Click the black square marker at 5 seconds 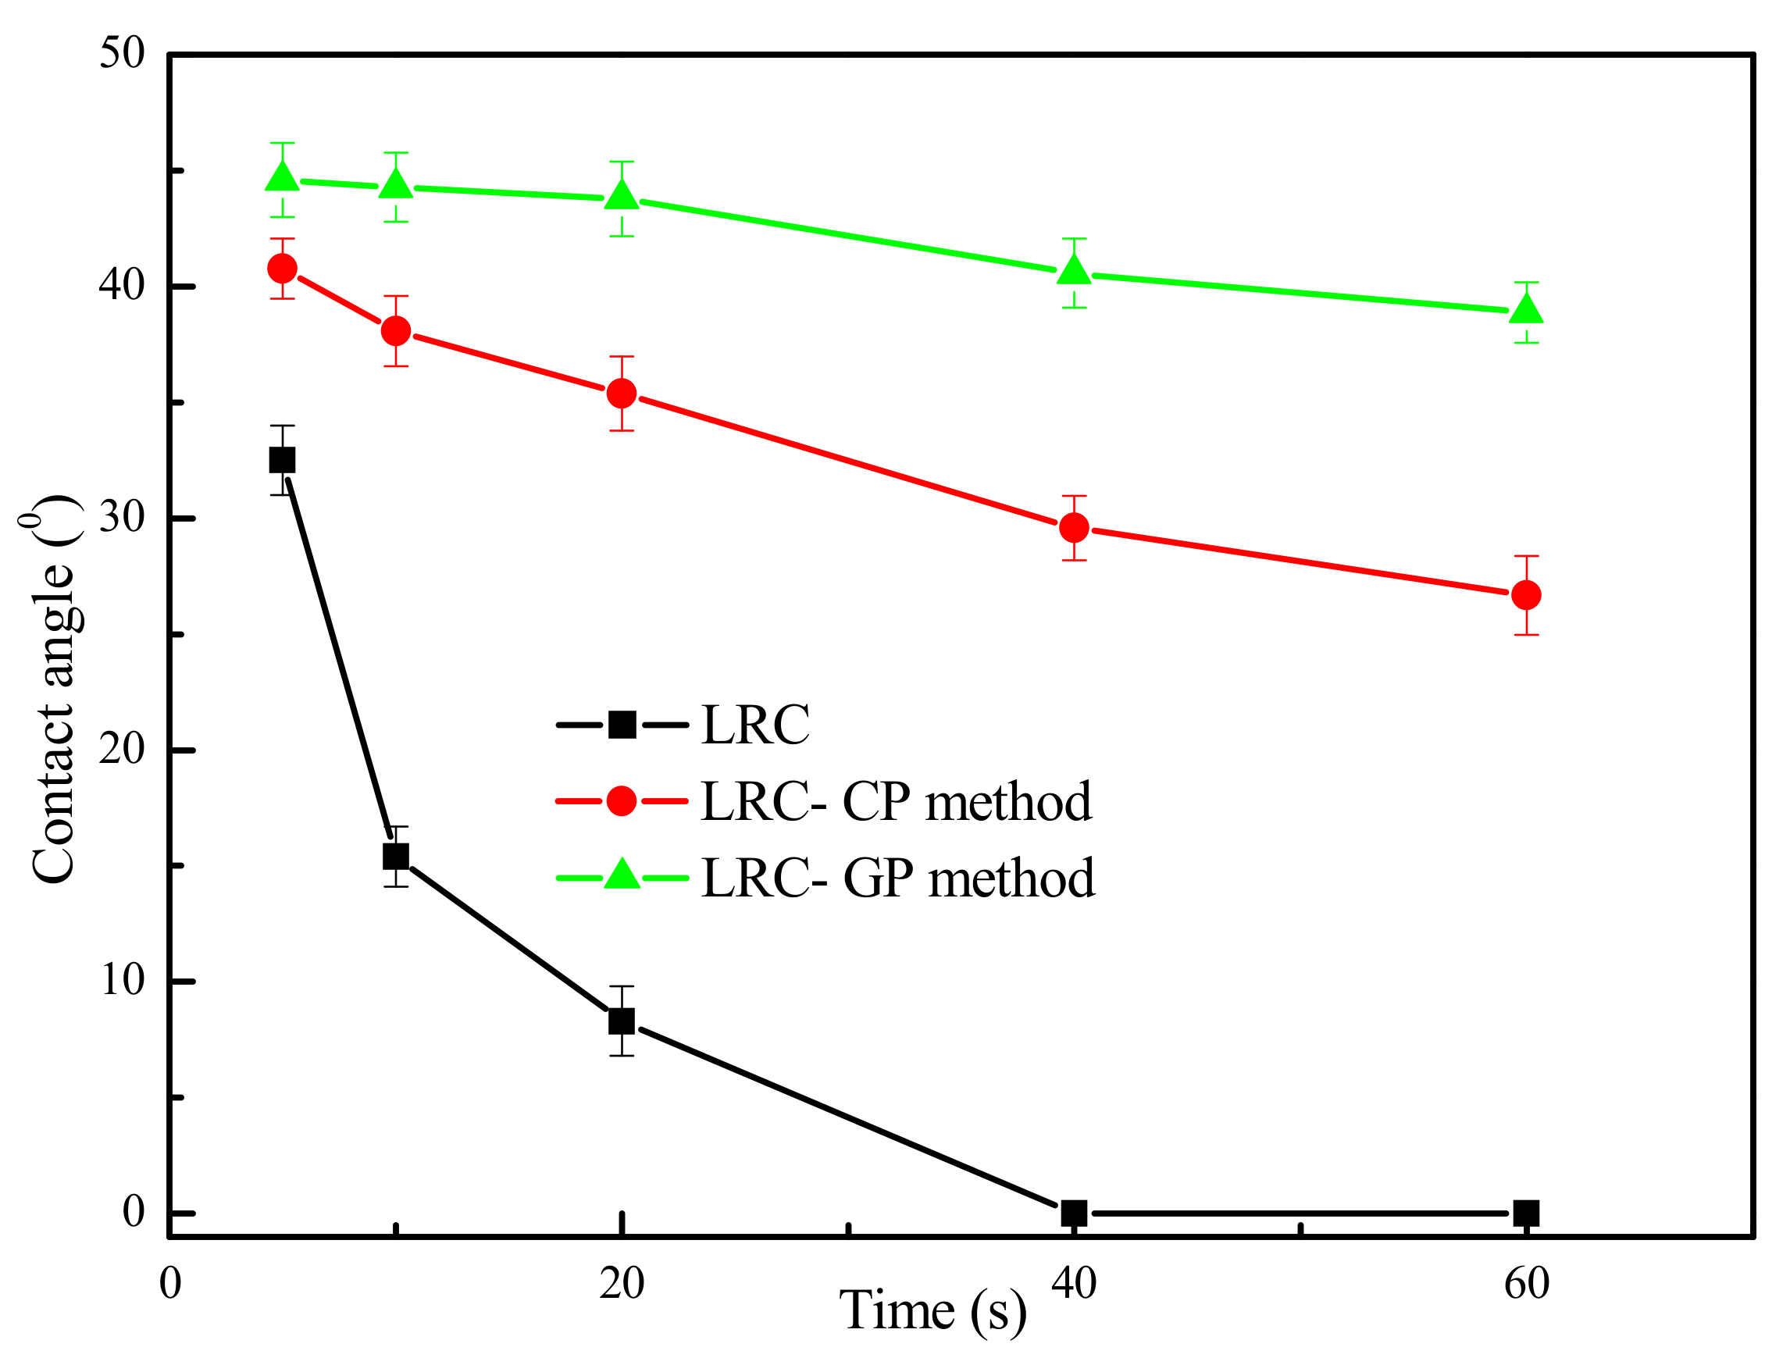point(282,461)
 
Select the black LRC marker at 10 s point(396,857)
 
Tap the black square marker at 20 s point(622,1021)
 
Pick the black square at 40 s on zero point(1074,1213)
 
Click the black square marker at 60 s point(1527,1213)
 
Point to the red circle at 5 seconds point(282,268)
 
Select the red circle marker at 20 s point(622,394)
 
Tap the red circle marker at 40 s point(1074,528)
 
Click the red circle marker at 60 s point(1527,595)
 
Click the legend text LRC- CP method point(896,802)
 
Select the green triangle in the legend point(622,876)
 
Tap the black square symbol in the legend point(622,724)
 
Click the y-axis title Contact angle point(53,690)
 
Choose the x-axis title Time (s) point(932,1310)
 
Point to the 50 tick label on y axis point(122,54)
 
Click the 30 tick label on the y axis point(122,517)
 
